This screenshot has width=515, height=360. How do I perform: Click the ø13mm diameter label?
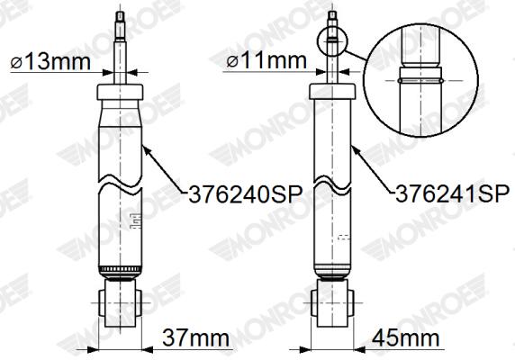50,61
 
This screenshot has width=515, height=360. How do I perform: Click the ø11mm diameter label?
267,60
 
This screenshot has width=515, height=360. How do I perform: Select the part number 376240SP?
246,195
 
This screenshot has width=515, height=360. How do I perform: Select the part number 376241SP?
453,193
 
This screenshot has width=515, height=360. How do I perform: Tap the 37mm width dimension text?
195,337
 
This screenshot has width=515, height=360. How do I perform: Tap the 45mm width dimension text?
406,337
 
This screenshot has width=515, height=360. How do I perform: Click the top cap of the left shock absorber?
120,92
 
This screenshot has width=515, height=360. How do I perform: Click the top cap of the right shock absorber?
332,91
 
